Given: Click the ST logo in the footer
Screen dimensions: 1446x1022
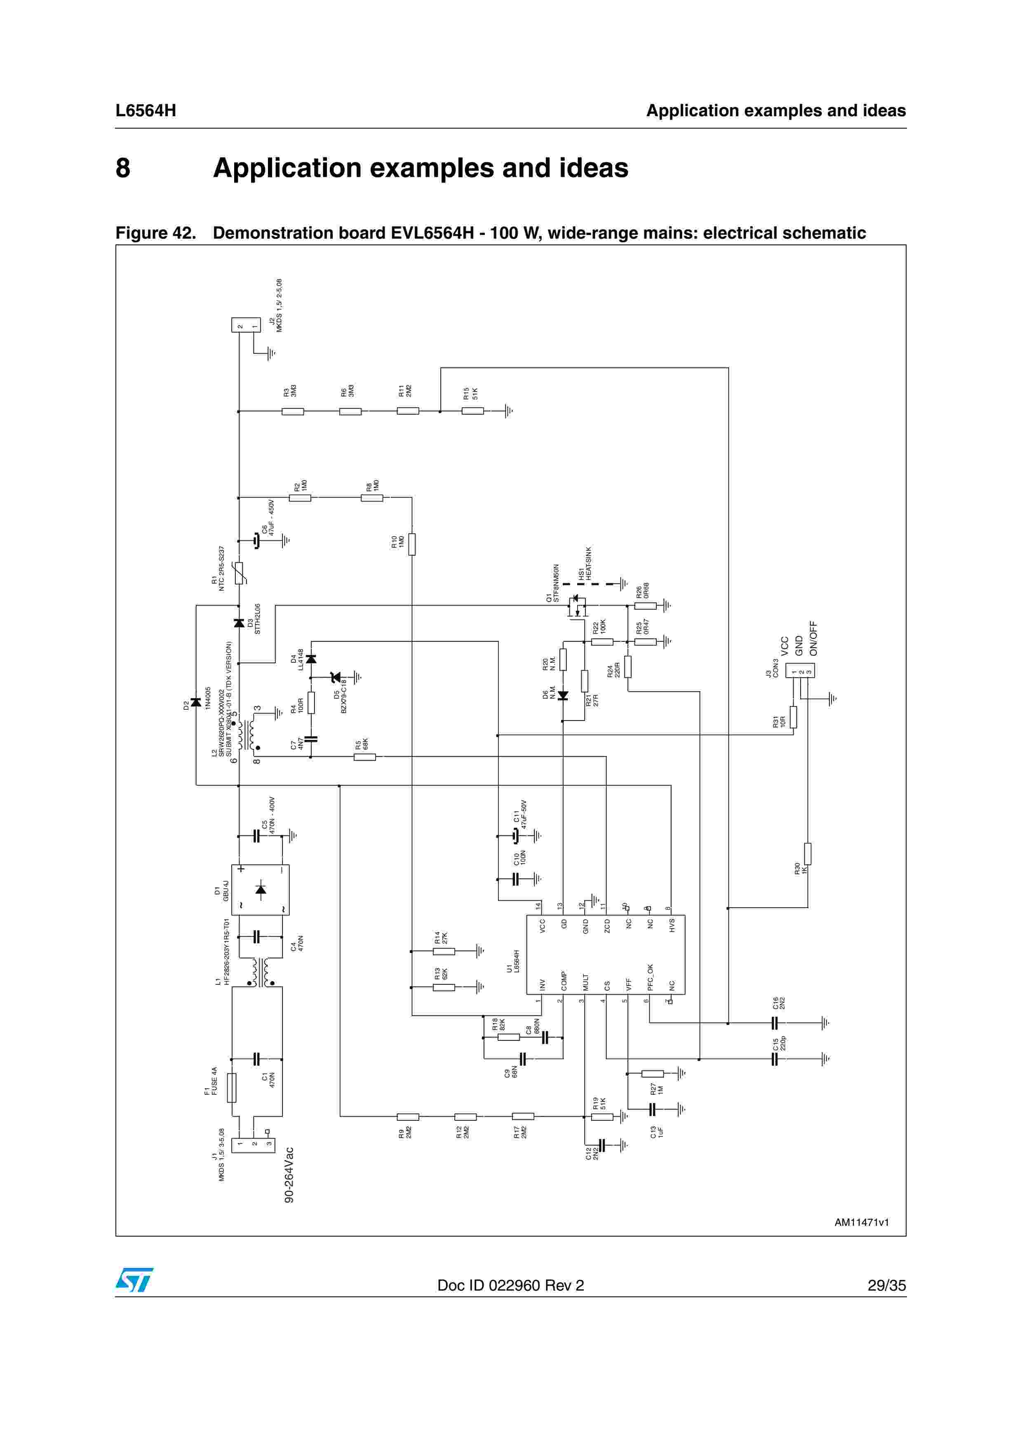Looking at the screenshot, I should coord(134,1280).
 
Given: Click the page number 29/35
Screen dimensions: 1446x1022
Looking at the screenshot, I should coord(886,1285).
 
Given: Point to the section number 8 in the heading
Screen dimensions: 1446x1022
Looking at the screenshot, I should coord(123,168).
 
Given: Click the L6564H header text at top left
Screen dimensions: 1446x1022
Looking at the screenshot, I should coord(146,111).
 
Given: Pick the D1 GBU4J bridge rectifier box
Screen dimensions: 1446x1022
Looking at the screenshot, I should coord(260,889).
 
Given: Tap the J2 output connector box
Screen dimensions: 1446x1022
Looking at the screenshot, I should coord(246,325).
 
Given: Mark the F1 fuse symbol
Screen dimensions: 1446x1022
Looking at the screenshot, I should coord(232,1088).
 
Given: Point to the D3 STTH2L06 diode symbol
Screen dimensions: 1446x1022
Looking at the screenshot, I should coord(239,623).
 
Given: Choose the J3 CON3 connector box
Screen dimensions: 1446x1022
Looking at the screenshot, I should coord(800,671).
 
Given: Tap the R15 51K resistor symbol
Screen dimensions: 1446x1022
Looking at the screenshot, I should coord(472,411).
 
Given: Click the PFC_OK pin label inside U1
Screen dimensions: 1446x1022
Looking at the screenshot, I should coord(650,977).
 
